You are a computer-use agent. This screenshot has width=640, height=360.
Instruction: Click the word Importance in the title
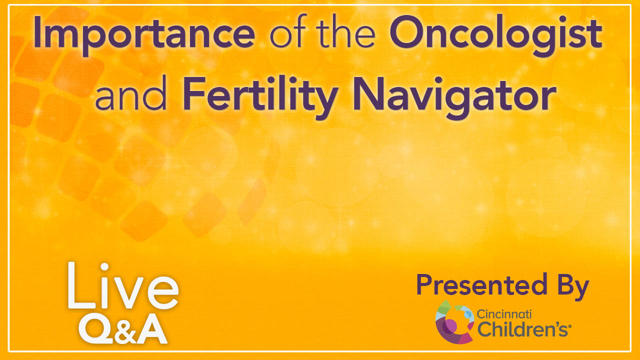pyautogui.click(x=144, y=35)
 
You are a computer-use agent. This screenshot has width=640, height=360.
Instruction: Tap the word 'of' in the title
pyautogui.click(x=288, y=31)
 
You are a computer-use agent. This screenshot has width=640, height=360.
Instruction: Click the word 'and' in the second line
pyautogui.click(x=130, y=93)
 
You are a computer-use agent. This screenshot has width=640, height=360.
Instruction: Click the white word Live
pyautogui.click(x=123, y=285)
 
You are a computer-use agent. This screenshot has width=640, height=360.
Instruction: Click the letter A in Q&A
pyautogui.click(x=151, y=329)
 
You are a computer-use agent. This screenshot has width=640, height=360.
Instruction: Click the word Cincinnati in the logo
pyautogui.click(x=504, y=314)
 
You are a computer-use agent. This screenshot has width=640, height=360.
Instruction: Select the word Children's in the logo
pyautogui.click(x=522, y=329)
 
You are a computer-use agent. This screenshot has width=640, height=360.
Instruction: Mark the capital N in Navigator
pyautogui.click(x=368, y=93)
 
